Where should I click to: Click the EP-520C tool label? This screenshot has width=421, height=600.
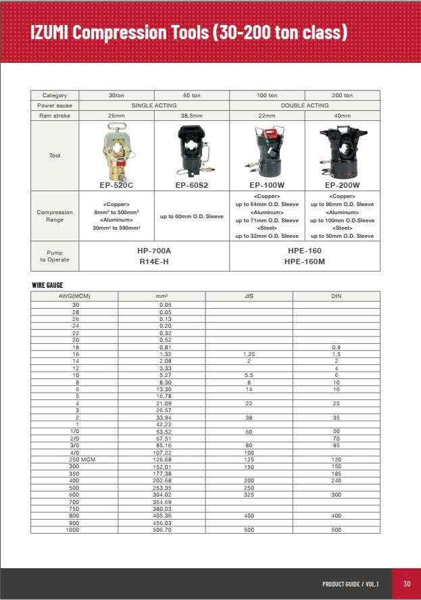click(116, 184)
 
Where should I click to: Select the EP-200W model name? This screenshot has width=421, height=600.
click(342, 184)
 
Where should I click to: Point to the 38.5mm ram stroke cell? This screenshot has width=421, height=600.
click(191, 116)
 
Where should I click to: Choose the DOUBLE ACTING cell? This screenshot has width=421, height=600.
click(304, 105)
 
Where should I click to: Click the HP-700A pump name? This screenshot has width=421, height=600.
click(154, 251)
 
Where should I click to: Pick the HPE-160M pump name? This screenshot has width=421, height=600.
click(304, 261)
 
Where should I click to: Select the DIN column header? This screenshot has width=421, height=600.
click(336, 296)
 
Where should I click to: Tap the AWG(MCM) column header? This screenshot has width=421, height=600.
click(74, 296)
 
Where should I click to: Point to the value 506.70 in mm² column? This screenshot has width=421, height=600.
click(162, 530)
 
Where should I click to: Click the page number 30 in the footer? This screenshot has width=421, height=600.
click(406, 584)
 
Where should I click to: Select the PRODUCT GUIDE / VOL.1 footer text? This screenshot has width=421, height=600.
click(350, 584)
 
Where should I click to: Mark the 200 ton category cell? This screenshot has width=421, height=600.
click(342, 95)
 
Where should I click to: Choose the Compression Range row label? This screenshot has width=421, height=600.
click(55, 216)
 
